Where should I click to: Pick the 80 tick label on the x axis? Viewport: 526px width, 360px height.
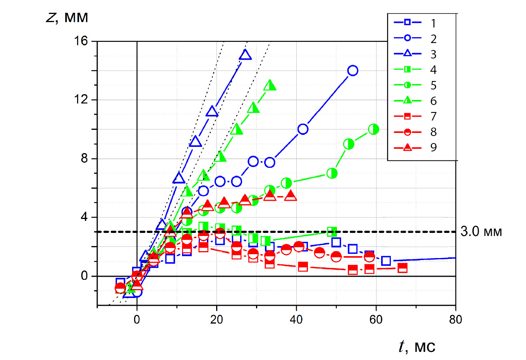coord(456,320)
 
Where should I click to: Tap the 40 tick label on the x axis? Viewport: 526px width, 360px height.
coord(296,320)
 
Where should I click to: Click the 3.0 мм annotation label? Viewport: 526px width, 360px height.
coord(481,232)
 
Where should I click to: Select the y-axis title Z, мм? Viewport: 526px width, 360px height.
coord(67,18)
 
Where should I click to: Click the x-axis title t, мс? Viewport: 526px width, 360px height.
coord(417,346)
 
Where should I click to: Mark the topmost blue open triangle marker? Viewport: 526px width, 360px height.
coord(245,55)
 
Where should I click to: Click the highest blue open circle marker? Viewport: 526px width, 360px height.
coord(352,71)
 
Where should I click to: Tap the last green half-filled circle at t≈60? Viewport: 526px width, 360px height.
coord(373,129)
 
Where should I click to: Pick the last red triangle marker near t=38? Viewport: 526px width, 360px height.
coord(291,196)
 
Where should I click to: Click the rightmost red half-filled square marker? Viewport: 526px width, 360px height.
coord(402,268)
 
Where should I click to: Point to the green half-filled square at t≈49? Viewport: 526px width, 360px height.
coord(332,232)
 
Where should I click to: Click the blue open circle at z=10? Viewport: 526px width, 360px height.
coord(303,129)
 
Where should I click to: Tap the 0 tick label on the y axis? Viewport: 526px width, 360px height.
coord(84,276)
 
